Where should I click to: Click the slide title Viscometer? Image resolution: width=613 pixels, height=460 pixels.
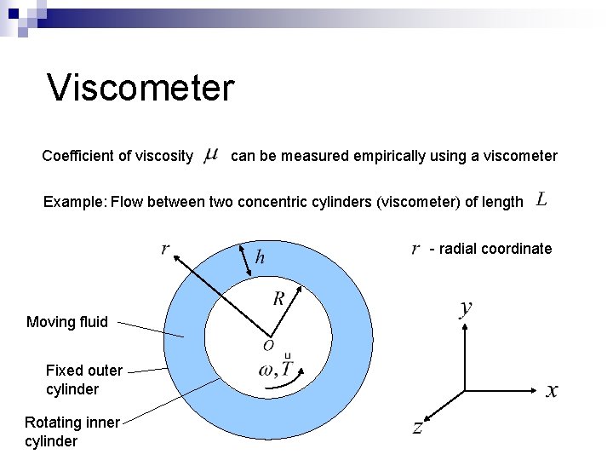coord(140,88)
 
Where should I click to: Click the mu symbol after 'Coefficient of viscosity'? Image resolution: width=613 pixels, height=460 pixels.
coord(212,155)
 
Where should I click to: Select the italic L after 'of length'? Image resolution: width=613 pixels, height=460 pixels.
coord(541,200)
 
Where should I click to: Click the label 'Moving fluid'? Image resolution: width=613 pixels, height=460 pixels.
coord(67,321)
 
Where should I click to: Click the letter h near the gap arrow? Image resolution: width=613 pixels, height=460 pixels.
coord(260,256)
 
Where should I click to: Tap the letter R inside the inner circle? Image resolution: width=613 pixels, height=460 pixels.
coord(278,298)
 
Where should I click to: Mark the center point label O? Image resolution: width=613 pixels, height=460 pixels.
coord(268,346)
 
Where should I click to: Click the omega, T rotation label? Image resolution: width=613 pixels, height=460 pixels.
coord(276,368)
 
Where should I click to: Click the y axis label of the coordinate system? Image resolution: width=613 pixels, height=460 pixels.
coord(467,308)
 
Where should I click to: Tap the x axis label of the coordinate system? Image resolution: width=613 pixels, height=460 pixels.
coord(552,390)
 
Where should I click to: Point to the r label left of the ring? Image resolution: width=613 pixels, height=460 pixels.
coord(165,249)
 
